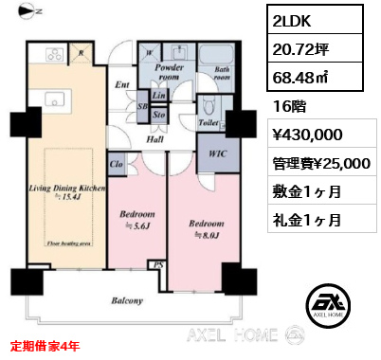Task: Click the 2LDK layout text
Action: [x=294, y=20]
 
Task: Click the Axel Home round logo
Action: [x=328, y=304]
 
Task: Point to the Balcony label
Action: [x=125, y=301]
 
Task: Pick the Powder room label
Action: [x=176, y=73]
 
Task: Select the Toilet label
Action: [x=209, y=123]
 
